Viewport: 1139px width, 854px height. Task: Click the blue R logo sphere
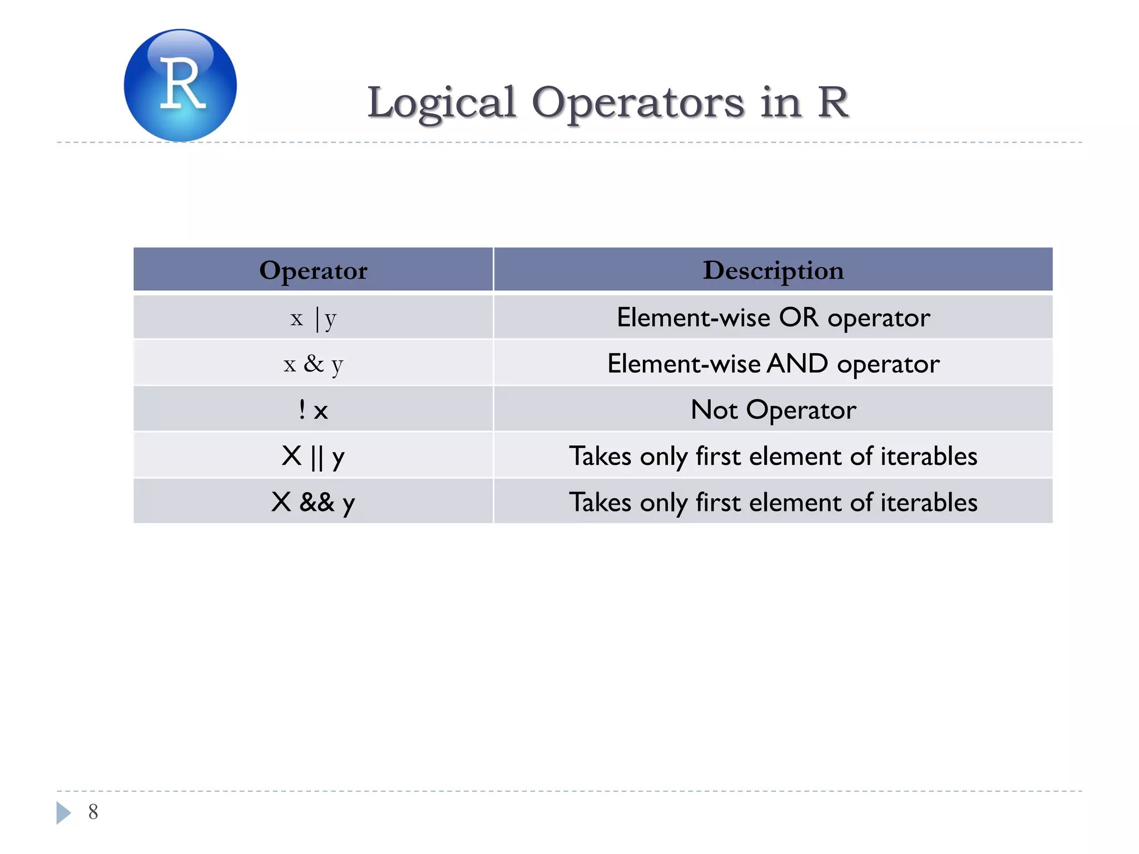click(x=180, y=85)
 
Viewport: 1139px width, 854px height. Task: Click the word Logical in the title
click(x=441, y=103)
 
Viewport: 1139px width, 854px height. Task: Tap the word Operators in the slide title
click(x=637, y=103)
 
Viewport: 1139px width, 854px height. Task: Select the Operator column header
click(x=313, y=270)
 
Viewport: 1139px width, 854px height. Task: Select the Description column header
click(x=773, y=270)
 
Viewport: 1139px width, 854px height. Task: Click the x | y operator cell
click(x=313, y=318)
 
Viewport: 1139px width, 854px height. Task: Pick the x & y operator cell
click(x=313, y=364)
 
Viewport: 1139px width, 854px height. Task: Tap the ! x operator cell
click(x=313, y=410)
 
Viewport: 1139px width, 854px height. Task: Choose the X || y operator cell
click(x=313, y=456)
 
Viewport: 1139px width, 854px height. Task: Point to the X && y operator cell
click(x=313, y=502)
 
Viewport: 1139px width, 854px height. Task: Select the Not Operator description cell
click(x=773, y=410)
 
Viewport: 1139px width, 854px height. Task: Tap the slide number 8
click(x=93, y=812)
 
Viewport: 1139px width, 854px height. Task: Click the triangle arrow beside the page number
click(x=63, y=812)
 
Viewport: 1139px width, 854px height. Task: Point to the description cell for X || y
click(x=773, y=456)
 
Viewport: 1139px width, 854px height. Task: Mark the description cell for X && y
click(x=773, y=502)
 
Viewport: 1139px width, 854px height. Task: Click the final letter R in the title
click(x=833, y=103)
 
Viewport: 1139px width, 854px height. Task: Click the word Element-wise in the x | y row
click(x=693, y=317)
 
